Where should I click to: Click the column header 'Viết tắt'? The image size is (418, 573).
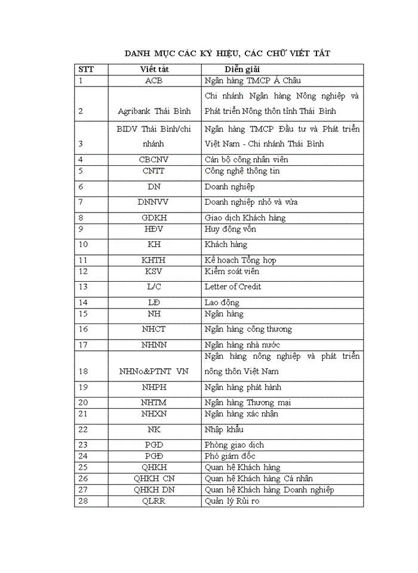[154, 69]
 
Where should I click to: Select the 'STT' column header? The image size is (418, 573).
[86, 69]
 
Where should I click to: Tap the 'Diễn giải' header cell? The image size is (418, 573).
[243, 69]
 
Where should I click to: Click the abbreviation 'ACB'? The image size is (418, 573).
[154, 81]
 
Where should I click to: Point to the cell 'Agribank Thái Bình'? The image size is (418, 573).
[154, 111]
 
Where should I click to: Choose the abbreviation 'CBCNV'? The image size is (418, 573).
[154, 159]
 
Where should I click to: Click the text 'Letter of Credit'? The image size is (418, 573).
[233, 286]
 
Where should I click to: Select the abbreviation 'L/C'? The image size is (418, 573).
[154, 286]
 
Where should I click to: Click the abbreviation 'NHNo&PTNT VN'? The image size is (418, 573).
[154, 371]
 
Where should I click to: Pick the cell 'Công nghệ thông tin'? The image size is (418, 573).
[242, 171]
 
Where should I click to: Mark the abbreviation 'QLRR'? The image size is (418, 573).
[154, 501]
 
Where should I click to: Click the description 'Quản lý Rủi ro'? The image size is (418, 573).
[232, 501]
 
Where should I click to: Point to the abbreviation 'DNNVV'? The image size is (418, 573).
[154, 202]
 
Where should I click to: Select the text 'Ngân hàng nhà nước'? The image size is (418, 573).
[242, 345]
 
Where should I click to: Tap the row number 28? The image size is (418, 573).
[83, 501]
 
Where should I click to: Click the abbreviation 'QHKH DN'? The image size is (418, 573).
[154, 490]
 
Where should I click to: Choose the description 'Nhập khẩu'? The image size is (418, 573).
[224, 430]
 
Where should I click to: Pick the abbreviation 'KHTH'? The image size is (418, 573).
[154, 260]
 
